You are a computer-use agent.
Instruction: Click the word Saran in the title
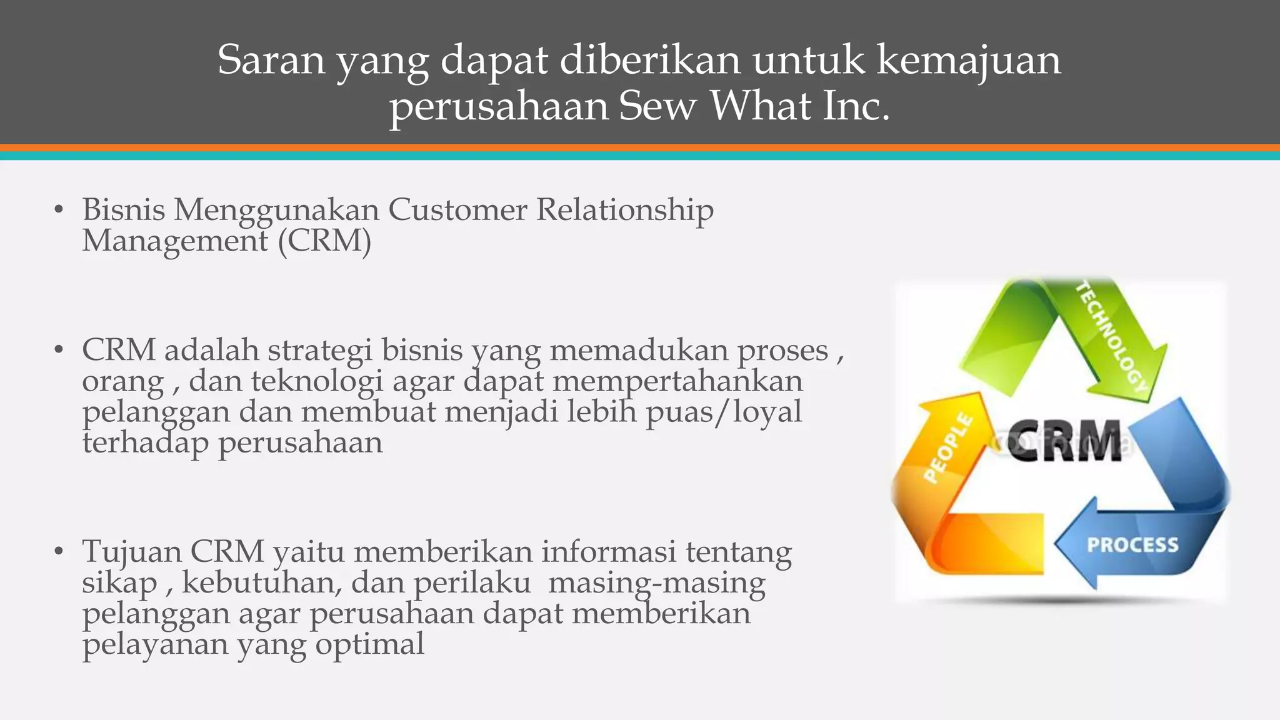click(x=271, y=61)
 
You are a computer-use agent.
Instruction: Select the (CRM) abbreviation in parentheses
click(x=324, y=241)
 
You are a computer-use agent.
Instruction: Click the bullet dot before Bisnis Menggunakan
click(x=59, y=210)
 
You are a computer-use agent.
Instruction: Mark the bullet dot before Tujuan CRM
click(x=59, y=552)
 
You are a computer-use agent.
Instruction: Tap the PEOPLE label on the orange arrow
click(x=948, y=447)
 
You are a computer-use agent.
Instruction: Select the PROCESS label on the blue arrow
click(x=1132, y=545)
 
